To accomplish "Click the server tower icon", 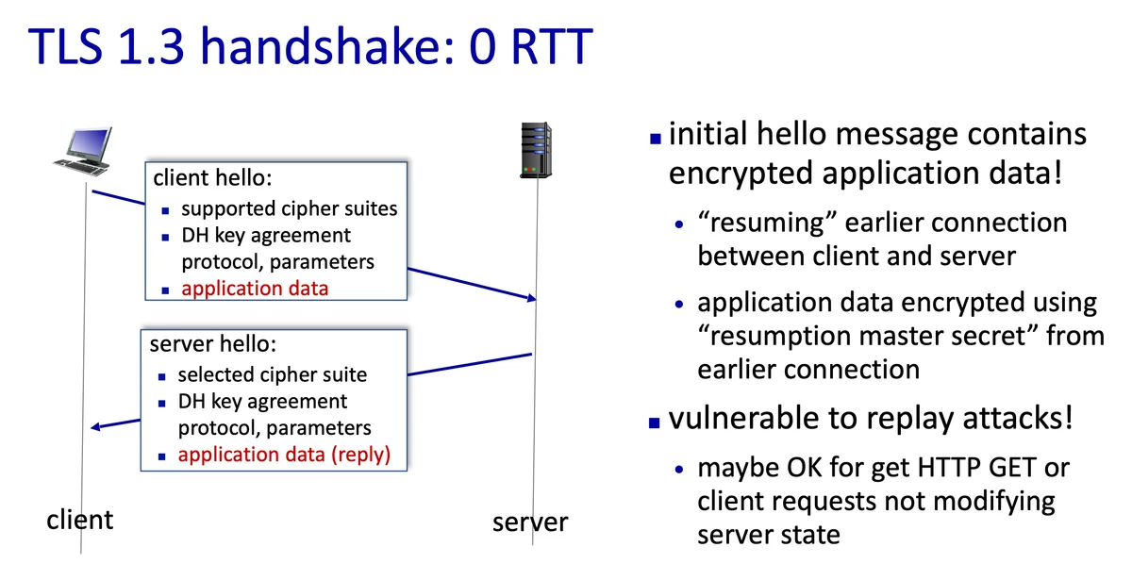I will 536,149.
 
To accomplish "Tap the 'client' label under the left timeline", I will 80,519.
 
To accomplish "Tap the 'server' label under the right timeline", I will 530,522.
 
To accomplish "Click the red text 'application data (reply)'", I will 284,455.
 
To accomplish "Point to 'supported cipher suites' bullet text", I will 289,208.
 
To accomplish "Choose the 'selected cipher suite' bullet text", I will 273,374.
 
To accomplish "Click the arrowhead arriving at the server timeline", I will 530,298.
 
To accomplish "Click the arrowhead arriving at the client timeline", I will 96,428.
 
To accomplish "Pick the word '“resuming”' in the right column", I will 763,224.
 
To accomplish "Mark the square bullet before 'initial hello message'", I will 656,138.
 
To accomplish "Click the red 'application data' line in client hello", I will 255,289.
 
